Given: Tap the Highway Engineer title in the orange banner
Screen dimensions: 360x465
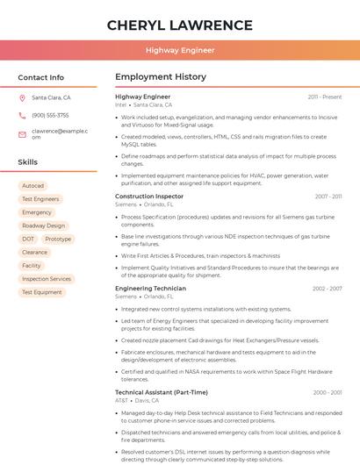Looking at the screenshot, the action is click(x=180, y=50).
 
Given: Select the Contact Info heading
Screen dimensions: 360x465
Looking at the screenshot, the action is click(x=40, y=77).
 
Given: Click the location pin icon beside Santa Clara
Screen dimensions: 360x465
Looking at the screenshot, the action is click(x=22, y=98).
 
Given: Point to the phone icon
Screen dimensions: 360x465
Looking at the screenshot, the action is click(x=22, y=115).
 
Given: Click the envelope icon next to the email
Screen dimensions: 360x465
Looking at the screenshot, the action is click(x=22, y=133).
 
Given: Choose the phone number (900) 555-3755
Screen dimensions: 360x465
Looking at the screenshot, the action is click(x=50, y=115).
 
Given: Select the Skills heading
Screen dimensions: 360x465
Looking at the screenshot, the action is click(x=27, y=162).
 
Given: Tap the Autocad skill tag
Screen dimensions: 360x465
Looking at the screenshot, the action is click(x=32, y=186).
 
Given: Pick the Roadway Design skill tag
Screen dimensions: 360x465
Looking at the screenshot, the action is click(x=43, y=225).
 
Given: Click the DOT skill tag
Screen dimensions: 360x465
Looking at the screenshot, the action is click(x=28, y=239).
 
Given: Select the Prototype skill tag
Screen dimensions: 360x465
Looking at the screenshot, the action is click(x=58, y=239).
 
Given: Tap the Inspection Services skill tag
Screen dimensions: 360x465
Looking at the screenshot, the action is click(x=46, y=279).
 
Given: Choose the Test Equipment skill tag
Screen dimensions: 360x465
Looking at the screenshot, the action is click(x=41, y=292).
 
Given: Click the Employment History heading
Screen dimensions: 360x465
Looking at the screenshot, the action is click(x=161, y=77).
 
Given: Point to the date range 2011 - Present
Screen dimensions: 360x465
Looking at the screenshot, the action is click(x=324, y=97).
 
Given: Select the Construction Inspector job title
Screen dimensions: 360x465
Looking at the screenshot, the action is click(x=149, y=197).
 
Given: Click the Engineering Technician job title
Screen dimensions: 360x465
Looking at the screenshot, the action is click(x=150, y=289).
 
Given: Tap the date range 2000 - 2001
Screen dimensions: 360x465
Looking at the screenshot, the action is click(x=327, y=392).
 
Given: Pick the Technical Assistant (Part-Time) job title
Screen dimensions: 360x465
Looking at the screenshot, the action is click(x=162, y=392).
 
